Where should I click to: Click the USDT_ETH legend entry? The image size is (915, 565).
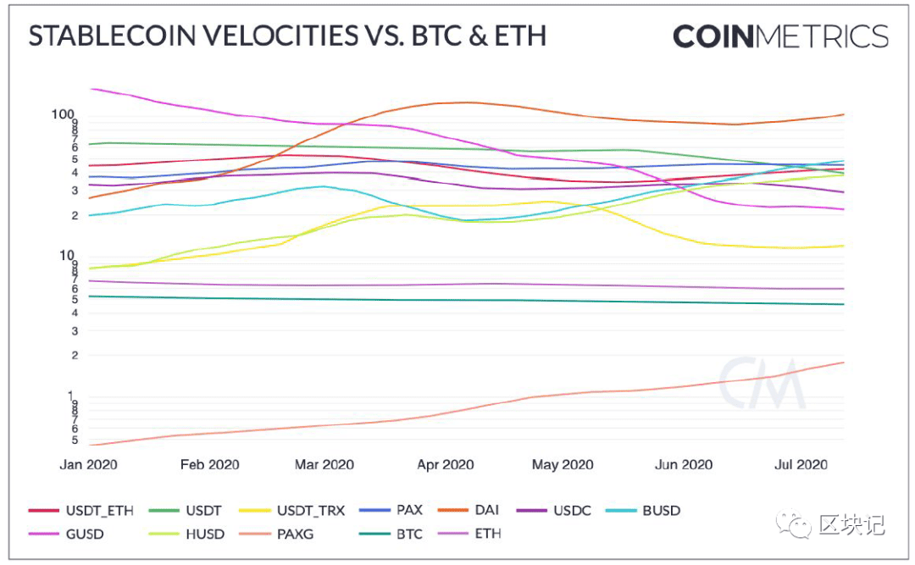(x=81, y=511)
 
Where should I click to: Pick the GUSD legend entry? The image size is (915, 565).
(x=66, y=534)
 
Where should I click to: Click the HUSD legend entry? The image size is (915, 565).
(x=186, y=534)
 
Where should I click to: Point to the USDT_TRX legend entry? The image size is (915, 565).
(x=291, y=511)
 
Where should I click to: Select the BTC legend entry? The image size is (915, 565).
(x=391, y=534)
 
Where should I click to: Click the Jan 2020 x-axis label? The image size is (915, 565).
(x=88, y=464)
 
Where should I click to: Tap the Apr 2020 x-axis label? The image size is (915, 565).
(x=446, y=464)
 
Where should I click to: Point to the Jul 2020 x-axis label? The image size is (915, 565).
(x=801, y=464)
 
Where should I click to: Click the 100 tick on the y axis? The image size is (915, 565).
(x=63, y=114)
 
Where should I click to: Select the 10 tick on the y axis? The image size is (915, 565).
(x=67, y=255)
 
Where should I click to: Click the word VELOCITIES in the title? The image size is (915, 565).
(x=282, y=36)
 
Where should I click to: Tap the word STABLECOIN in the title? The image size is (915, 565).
(x=112, y=36)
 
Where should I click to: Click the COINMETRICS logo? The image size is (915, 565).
(x=781, y=36)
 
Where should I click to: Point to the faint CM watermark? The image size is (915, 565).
(x=762, y=383)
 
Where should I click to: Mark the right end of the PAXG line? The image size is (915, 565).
(x=844, y=363)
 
